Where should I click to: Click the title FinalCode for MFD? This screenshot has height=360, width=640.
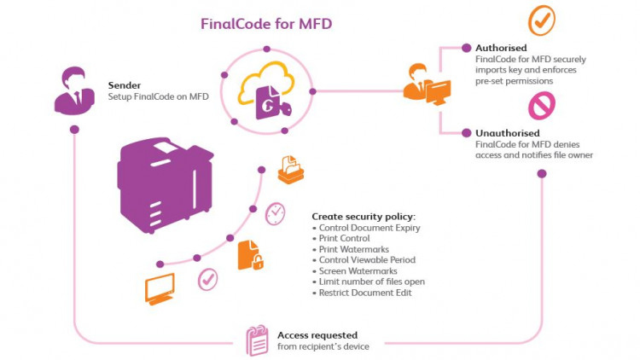coord(265,24)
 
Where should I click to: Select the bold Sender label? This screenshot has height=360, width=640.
coord(125,85)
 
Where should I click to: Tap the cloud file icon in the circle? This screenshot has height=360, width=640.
coord(265,90)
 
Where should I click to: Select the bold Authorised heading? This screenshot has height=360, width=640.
coord(501,48)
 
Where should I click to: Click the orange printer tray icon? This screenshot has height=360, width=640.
coord(290,170)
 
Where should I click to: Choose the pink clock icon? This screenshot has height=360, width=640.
coord(275,213)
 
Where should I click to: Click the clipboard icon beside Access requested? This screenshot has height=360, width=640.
coord(257,340)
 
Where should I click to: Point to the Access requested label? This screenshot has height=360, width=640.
coord(317,335)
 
